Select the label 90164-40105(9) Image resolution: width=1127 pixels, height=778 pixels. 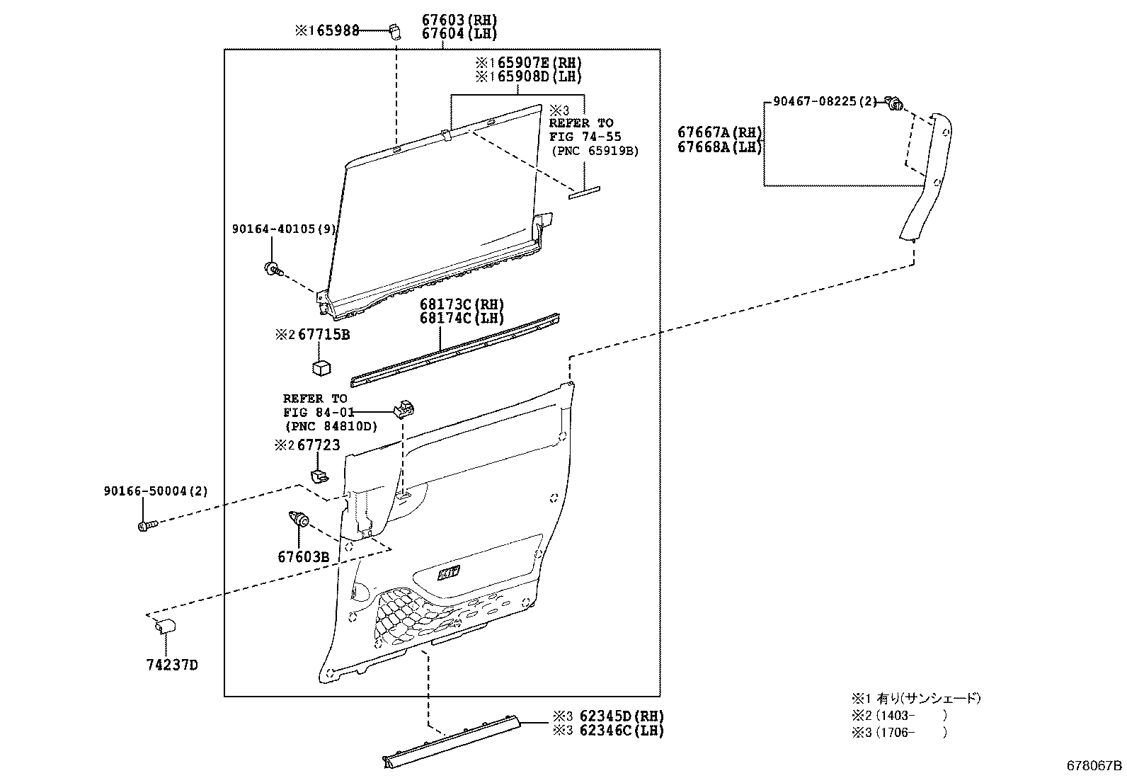(x=284, y=229)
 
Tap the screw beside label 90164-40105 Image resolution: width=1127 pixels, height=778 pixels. (x=273, y=268)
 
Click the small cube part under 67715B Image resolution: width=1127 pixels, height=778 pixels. (x=322, y=367)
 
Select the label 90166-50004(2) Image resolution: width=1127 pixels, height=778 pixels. (x=155, y=491)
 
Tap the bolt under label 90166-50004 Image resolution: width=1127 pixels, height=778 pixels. (x=146, y=525)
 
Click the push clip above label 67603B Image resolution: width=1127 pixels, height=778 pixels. (x=299, y=520)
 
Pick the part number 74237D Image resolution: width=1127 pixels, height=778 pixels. (x=172, y=665)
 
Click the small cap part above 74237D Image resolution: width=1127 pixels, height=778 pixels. (x=165, y=626)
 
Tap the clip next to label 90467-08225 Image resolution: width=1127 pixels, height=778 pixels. (x=895, y=105)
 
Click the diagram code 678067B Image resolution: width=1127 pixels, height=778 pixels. (x=1095, y=765)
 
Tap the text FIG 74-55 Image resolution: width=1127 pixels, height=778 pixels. (x=585, y=137)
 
